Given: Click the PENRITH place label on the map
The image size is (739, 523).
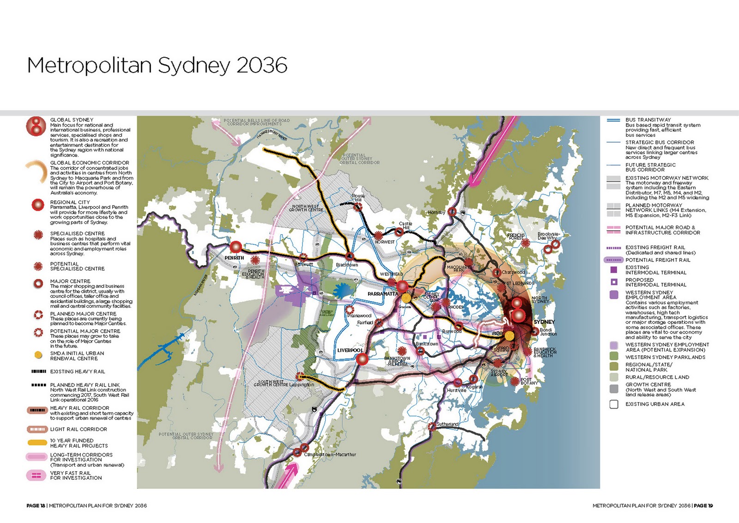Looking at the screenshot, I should click(x=234, y=258).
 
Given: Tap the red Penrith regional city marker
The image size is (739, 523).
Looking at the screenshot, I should click(x=236, y=247).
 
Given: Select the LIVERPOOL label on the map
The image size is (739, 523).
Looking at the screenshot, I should click(x=350, y=350).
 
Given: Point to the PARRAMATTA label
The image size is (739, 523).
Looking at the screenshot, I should click(x=383, y=294).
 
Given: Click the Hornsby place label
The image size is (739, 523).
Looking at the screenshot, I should click(x=436, y=212).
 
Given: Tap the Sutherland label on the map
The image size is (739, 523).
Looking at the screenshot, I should click(x=448, y=424).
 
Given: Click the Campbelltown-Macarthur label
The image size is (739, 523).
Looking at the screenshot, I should click(x=330, y=455).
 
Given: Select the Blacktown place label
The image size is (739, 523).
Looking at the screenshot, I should click(x=347, y=265).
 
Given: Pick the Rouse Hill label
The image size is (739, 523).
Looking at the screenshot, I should click(x=358, y=198).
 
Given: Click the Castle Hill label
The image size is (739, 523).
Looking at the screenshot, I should click(x=405, y=225).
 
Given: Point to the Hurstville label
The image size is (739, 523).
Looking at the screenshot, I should click(x=456, y=390).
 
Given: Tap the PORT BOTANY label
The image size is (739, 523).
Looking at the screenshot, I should click(x=529, y=381).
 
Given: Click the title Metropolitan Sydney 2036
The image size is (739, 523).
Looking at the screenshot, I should click(x=157, y=65).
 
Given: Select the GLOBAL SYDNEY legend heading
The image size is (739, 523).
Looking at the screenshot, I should click(x=72, y=120).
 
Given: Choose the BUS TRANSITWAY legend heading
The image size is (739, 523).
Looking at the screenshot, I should click(x=648, y=120).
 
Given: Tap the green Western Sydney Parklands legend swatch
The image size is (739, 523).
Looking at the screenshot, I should click(x=614, y=357).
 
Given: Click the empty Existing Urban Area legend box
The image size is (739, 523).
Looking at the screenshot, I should click(x=614, y=404).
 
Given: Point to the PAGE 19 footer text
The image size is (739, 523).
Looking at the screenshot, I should click(x=703, y=505).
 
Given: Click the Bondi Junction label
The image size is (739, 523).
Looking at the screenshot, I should click(x=548, y=332).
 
